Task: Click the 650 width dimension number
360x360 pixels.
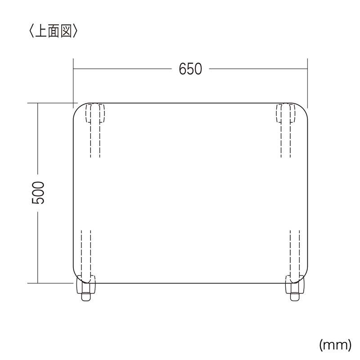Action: [x=190, y=69]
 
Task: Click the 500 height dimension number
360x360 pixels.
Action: [x=38, y=193]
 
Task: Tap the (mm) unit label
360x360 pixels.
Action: [x=335, y=345]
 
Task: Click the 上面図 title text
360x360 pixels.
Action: [x=54, y=31]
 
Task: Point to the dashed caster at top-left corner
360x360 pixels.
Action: [x=95, y=113]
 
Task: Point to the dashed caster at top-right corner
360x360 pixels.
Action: [x=286, y=113]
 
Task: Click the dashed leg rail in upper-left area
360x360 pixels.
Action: [x=95, y=139]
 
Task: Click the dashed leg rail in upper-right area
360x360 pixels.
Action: [x=286, y=139]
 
